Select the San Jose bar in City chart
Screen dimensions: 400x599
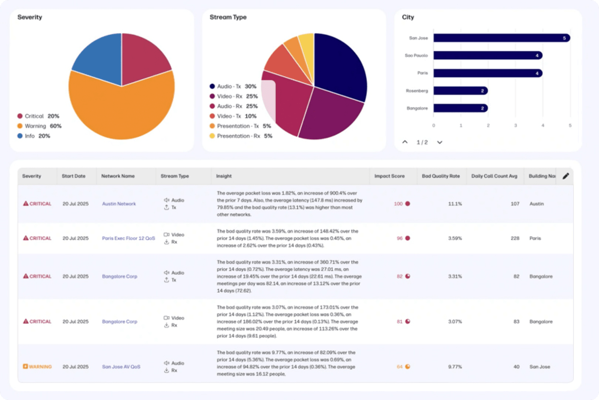[x=501, y=38]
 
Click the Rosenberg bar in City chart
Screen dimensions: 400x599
[x=460, y=91]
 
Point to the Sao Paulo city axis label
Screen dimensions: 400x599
[x=416, y=56]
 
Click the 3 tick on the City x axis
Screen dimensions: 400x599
[x=515, y=126]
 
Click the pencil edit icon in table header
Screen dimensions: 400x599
[x=565, y=176]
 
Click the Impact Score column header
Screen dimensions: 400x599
[x=389, y=176]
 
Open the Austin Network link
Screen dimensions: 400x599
[x=119, y=204]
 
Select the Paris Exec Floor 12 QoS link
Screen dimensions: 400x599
[x=128, y=239]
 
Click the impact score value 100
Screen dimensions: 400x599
[x=398, y=204]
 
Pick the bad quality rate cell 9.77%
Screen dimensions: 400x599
[x=455, y=367]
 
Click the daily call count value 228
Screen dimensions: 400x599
[x=515, y=239]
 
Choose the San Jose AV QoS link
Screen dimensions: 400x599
[x=121, y=367]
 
